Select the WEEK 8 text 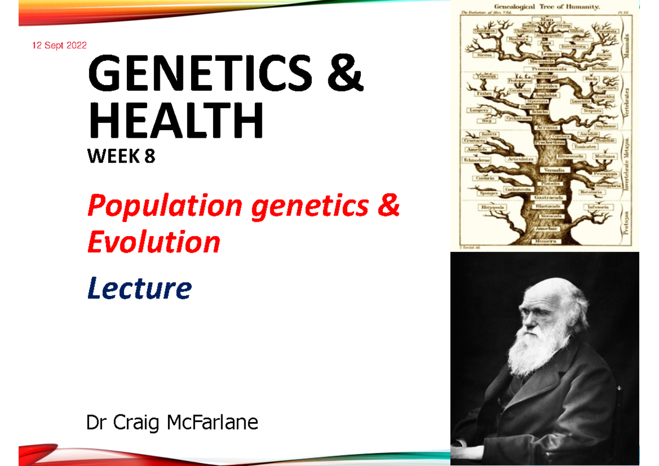121,158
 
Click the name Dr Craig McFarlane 172,423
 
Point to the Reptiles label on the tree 547,86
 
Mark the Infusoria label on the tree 599,207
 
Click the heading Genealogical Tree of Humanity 544,7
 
